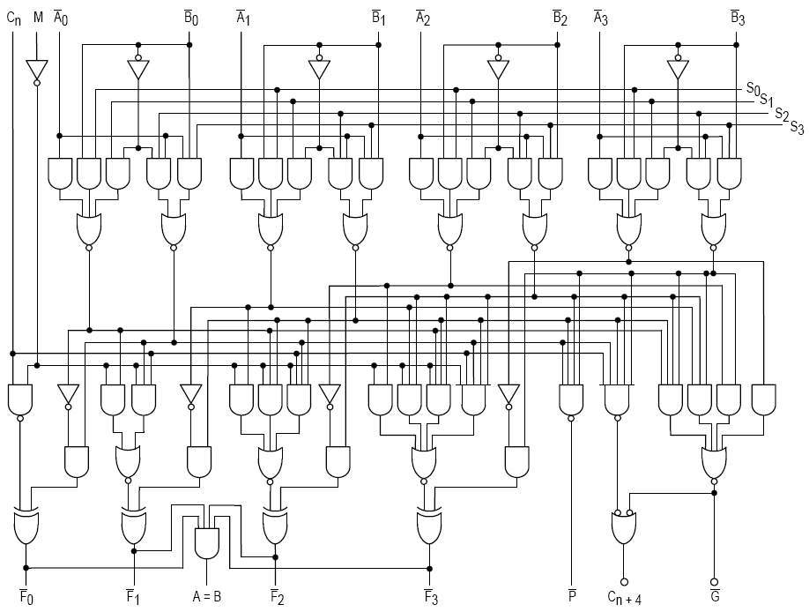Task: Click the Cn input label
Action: (12, 17)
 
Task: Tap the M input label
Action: (37, 16)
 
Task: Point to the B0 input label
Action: (190, 17)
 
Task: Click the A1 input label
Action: (243, 17)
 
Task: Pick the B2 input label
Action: (559, 17)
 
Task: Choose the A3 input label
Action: (601, 17)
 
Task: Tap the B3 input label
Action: (737, 17)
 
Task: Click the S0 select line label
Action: (752, 88)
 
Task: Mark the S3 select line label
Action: (797, 127)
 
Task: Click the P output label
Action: (572, 596)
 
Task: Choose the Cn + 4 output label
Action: (624, 598)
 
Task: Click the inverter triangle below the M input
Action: (36, 70)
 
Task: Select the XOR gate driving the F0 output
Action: (26, 526)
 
